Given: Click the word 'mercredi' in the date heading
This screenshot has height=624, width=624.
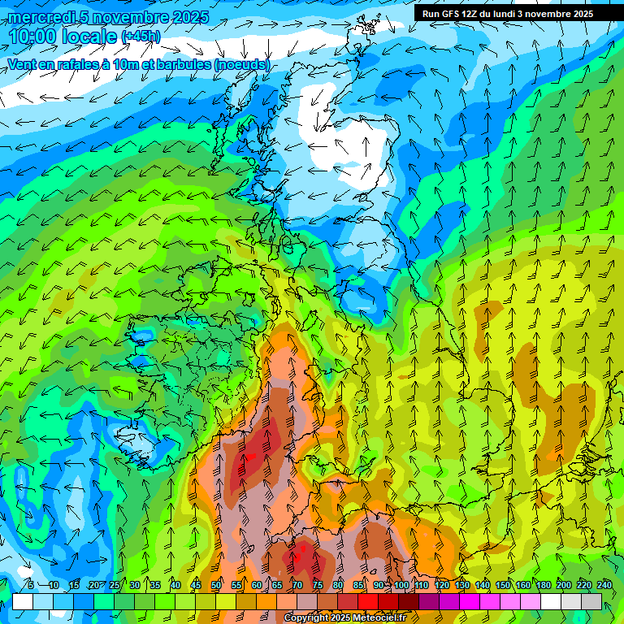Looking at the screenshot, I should click(39, 16).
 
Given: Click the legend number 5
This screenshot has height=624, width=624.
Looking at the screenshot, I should click(31, 585).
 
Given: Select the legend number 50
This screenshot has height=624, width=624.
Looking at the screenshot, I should click(216, 585).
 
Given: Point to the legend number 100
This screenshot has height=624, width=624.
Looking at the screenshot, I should click(401, 585).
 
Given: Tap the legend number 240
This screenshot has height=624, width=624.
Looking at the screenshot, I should click(604, 585).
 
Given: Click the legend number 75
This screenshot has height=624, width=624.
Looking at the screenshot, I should click(318, 585).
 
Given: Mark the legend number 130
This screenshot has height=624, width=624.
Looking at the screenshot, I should click(462, 585).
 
